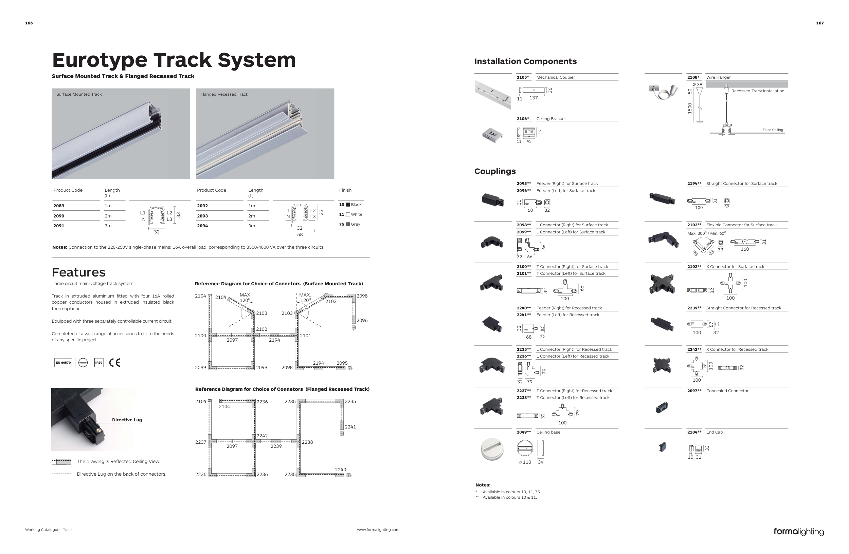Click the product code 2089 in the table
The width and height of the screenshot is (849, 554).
click(59, 206)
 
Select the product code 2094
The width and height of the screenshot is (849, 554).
click(202, 226)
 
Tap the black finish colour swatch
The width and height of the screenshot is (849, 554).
click(348, 205)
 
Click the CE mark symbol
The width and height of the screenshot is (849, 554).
click(114, 363)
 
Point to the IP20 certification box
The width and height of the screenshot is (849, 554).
click(99, 363)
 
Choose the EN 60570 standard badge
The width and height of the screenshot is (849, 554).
click(63, 363)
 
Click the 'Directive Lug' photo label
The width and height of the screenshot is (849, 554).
click(127, 420)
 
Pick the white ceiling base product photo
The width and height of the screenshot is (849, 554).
click(492, 449)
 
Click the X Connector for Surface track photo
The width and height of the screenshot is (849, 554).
click(662, 284)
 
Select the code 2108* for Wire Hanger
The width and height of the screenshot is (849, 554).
click(693, 77)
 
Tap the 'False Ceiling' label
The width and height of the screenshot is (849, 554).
click(773, 130)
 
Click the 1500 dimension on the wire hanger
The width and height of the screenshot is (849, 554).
click(690, 108)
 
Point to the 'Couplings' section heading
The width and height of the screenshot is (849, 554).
click(495, 171)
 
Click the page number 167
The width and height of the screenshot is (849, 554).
click(820, 23)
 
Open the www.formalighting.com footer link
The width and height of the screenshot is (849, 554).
click(378, 530)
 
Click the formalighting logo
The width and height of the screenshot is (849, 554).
click(799, 532)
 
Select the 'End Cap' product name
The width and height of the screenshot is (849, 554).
click(715, 432)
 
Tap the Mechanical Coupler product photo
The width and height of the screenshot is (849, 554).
click(493, 94)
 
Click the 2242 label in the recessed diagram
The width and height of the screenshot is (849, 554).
click(262, 436)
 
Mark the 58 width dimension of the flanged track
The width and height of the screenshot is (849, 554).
click(300, 234)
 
